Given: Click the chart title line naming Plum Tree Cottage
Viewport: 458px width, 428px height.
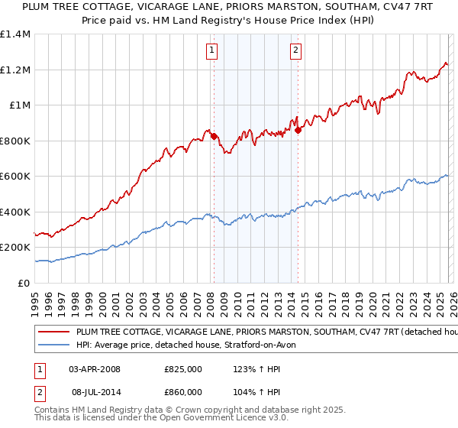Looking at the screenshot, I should (x=228, y=7).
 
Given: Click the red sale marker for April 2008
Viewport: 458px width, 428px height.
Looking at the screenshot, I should (x=214, y=137).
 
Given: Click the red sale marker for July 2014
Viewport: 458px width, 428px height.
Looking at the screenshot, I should (x=298, y=131).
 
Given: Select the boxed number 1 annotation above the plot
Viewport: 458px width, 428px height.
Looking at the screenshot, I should (x=211, y=51).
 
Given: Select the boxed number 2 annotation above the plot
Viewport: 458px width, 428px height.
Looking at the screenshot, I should (x=295, y=51).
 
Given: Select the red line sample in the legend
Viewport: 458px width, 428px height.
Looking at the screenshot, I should (x=53, y=332).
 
